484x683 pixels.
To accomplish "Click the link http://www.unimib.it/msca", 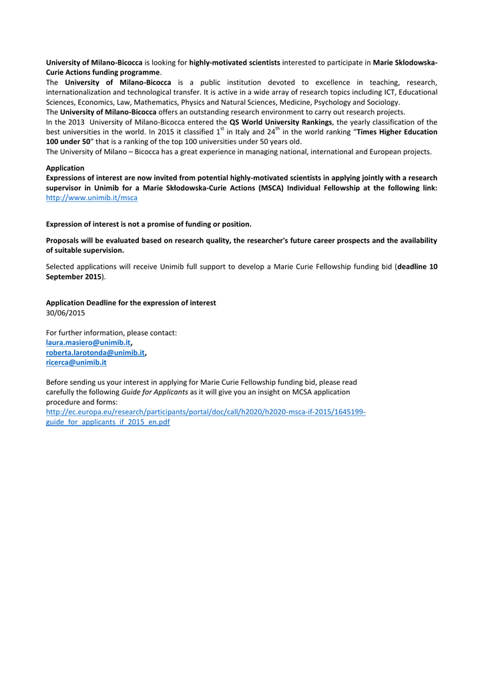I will pos(91,198).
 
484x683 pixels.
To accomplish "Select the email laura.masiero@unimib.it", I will pos(88,342).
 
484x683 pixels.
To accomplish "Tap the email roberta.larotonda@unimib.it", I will pos(95,352).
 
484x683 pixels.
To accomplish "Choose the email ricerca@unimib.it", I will pos(76,362).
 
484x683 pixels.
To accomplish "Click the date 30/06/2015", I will pos(65,312).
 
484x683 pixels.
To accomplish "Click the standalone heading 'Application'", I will pos(65,168).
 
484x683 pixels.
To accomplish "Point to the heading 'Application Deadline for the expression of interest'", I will pos(131,302).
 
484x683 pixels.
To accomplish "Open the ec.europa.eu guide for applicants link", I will pos(205,412).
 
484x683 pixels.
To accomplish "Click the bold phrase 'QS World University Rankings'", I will pos(280,122).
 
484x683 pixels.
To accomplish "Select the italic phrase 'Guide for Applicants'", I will pos(154,392).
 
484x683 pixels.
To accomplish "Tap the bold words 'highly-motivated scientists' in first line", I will pos(234,62).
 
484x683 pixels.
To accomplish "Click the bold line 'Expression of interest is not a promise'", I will pos(148,224).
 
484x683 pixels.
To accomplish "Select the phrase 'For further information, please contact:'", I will pos(111,332).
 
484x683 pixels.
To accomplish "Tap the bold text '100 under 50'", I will pos(67,141).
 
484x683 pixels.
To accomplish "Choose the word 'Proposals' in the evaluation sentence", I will pos(65,240).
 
